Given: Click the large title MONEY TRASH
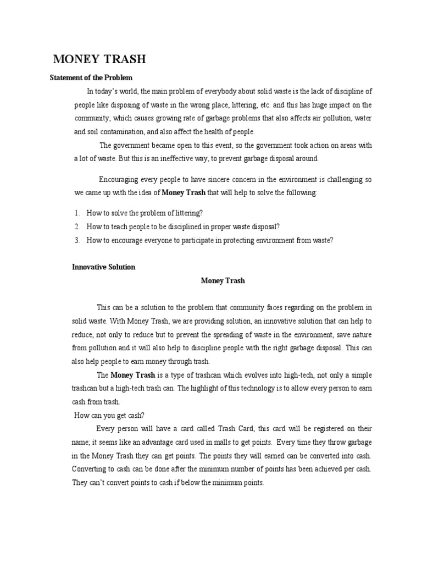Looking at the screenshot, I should point(99,60).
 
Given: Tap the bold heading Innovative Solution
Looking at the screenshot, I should point(104,267).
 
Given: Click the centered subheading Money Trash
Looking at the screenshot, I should point(223,280).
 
